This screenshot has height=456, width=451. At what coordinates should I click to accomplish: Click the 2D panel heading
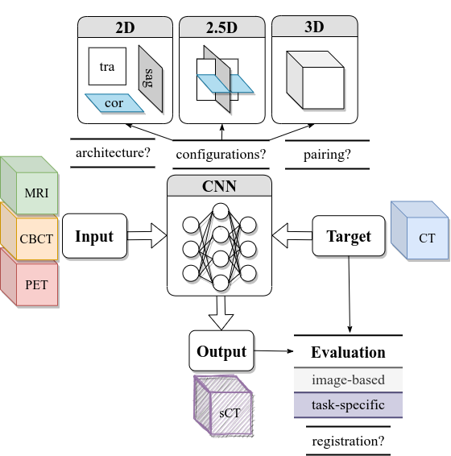(125, 27)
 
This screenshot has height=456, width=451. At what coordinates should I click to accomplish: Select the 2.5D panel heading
(220, 27)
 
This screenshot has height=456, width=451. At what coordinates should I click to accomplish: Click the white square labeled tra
(106, 67)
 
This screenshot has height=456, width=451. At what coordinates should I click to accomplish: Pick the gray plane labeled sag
(149, 78)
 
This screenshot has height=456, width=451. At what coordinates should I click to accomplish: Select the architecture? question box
(114, 152)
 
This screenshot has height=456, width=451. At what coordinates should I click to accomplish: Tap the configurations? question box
(221, 154)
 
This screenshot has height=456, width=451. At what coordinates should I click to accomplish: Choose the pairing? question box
(327, 154)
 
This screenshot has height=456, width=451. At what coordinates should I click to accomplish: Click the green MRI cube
(34, 192)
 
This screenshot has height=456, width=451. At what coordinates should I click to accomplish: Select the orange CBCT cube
(34, 238)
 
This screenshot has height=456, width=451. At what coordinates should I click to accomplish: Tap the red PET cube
(34, 283)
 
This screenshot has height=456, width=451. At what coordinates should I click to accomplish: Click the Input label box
(94, 236)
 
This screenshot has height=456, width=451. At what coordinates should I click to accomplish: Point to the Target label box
(348, 236)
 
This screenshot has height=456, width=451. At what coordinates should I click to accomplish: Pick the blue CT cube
(424, 235)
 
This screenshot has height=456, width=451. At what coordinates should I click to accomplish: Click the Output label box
(221, 351)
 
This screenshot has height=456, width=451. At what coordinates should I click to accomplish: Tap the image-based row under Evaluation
(348, 379)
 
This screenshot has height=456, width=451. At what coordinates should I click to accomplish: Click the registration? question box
(348, 441)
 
